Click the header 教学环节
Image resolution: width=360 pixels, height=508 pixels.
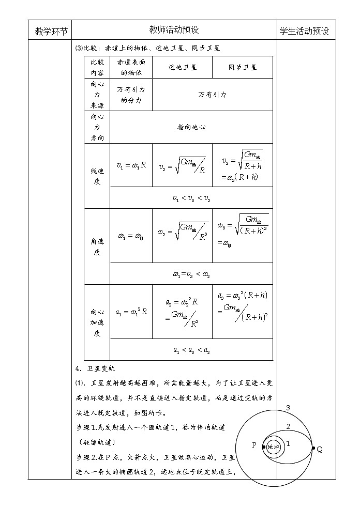51,31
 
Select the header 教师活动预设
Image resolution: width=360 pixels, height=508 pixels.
174,30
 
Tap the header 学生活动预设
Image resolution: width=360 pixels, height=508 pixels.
305,31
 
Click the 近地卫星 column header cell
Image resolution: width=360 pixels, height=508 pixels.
182,67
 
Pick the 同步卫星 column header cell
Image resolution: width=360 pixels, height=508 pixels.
243,67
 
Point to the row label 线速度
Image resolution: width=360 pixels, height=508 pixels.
97,176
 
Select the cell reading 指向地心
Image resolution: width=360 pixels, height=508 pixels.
191,127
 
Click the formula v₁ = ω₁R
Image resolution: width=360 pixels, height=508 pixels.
131,166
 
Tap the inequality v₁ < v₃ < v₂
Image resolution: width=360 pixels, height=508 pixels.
191,198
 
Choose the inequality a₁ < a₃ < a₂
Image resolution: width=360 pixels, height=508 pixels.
191,350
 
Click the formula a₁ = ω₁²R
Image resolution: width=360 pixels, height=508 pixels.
131,312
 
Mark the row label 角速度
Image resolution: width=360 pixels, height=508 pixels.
97,247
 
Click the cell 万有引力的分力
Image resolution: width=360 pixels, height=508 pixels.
131,95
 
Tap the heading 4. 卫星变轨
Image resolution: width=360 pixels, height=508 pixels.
96,368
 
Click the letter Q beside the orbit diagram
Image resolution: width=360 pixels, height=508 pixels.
320,449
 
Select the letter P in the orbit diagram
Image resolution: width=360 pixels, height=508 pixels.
254,445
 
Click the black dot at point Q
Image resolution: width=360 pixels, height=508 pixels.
313,448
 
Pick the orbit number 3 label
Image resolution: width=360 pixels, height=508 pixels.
288,408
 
